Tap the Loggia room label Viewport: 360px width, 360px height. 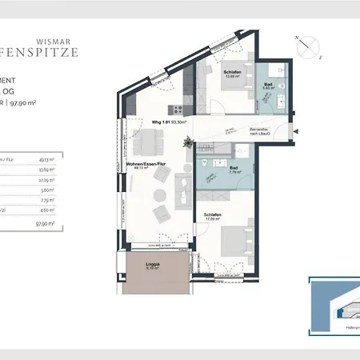click(x=153, y=265)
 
